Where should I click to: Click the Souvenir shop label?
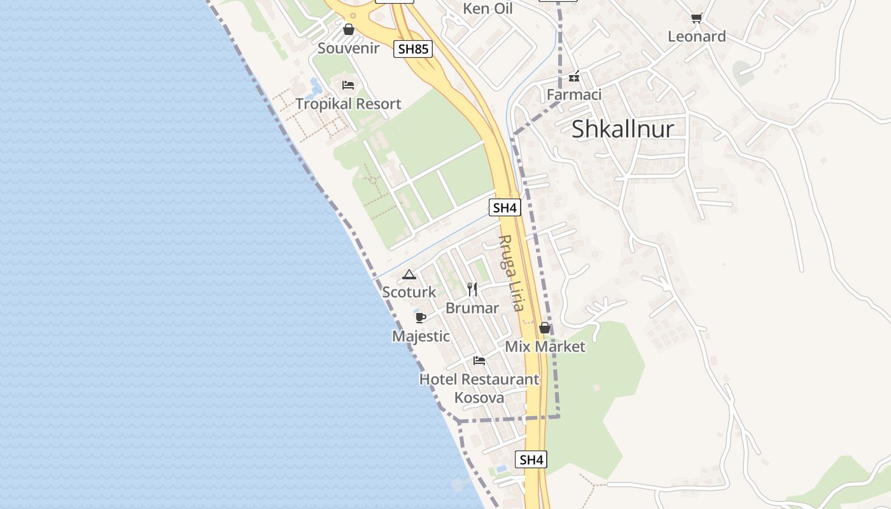pyautogui.click(x=348, y=48)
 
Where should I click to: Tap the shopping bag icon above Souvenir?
pyautogui.click(x=348, y=29)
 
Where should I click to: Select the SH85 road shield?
pyautogui.click(x=413, y=49)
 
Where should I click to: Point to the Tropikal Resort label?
pyautogui.click(x=348, y=104)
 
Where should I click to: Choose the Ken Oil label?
pyautogui.click(x=488, y=9)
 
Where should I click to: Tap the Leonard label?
pyautogui.click(x=696, y=36)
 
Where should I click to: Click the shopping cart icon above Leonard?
pyautogui.click(x=696, y=18)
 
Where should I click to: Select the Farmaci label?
pyautogui.click(x=574, y=95)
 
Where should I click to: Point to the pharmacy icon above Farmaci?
pyautogui.click(x=574, y=77)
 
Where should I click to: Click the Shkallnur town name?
pyautogui.click(x=622, y=129)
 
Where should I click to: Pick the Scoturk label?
pyautogui.click(x=409, y=292)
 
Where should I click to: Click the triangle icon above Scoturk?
pyautogui.click(x=409, y=275)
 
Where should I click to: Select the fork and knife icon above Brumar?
pyautogui.click(x=472, y=289)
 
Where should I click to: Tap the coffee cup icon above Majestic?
pyautogui.click(x=420, y=317)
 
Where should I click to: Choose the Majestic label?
pyautogui.click(x=421, y=336)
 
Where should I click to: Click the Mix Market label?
pyautogui.click(x=545, y=347)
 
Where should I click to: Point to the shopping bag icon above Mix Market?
pyautogui.click(x=544, y=328)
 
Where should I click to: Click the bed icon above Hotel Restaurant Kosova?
pyautogui.click(x=479, y=361)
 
